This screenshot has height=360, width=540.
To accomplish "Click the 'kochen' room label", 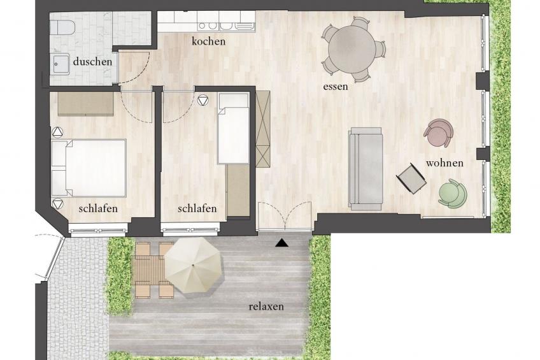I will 209,41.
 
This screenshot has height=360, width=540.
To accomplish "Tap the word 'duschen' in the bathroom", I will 92,62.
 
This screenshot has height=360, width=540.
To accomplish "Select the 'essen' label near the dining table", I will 336,86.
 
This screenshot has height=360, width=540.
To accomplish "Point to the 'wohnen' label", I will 444,163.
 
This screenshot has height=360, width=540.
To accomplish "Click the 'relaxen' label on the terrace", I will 266,306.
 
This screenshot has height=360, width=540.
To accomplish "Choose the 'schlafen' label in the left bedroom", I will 98,208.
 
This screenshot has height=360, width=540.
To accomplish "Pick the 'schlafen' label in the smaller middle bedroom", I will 197,208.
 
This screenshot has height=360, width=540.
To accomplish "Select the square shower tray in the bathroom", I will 62,64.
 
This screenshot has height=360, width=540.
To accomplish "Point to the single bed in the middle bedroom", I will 233,129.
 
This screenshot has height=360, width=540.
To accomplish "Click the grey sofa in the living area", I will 365,168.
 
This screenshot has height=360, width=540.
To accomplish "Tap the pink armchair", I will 439,132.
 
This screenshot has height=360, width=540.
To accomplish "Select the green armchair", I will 452,193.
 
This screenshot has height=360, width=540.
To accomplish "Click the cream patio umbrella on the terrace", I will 194,264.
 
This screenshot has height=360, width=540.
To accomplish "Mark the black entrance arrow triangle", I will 282,242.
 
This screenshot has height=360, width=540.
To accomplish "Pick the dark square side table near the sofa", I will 411,178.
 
